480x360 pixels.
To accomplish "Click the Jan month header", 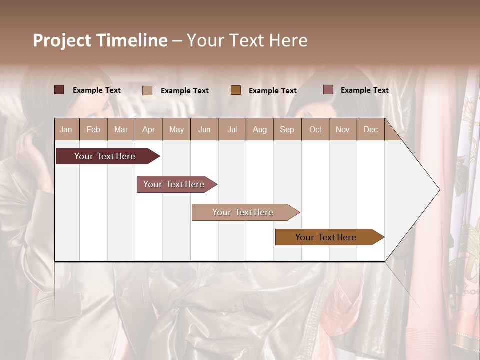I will click(66, 129).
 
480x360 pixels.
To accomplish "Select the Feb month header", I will click(93, 129).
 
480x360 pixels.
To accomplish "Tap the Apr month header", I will click(148, 129).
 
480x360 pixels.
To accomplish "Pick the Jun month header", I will click(204, 129).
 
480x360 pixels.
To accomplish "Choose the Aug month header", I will click(259, 129).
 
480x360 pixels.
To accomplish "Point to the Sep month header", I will click(287, 129).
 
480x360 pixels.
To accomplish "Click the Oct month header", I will click(315, 129).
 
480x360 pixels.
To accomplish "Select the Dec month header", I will click(370, 129).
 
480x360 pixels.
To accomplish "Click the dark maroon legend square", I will click(59, 90).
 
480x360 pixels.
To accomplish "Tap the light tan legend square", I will click(147, 90).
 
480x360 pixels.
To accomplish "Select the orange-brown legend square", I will click(236, 90).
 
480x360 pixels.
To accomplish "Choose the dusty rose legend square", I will click(328, 90).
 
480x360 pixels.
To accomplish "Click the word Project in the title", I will click(62, 40).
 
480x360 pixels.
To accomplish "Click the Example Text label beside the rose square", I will click(364, 90).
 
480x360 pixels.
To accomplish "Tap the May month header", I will click(176, 129).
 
